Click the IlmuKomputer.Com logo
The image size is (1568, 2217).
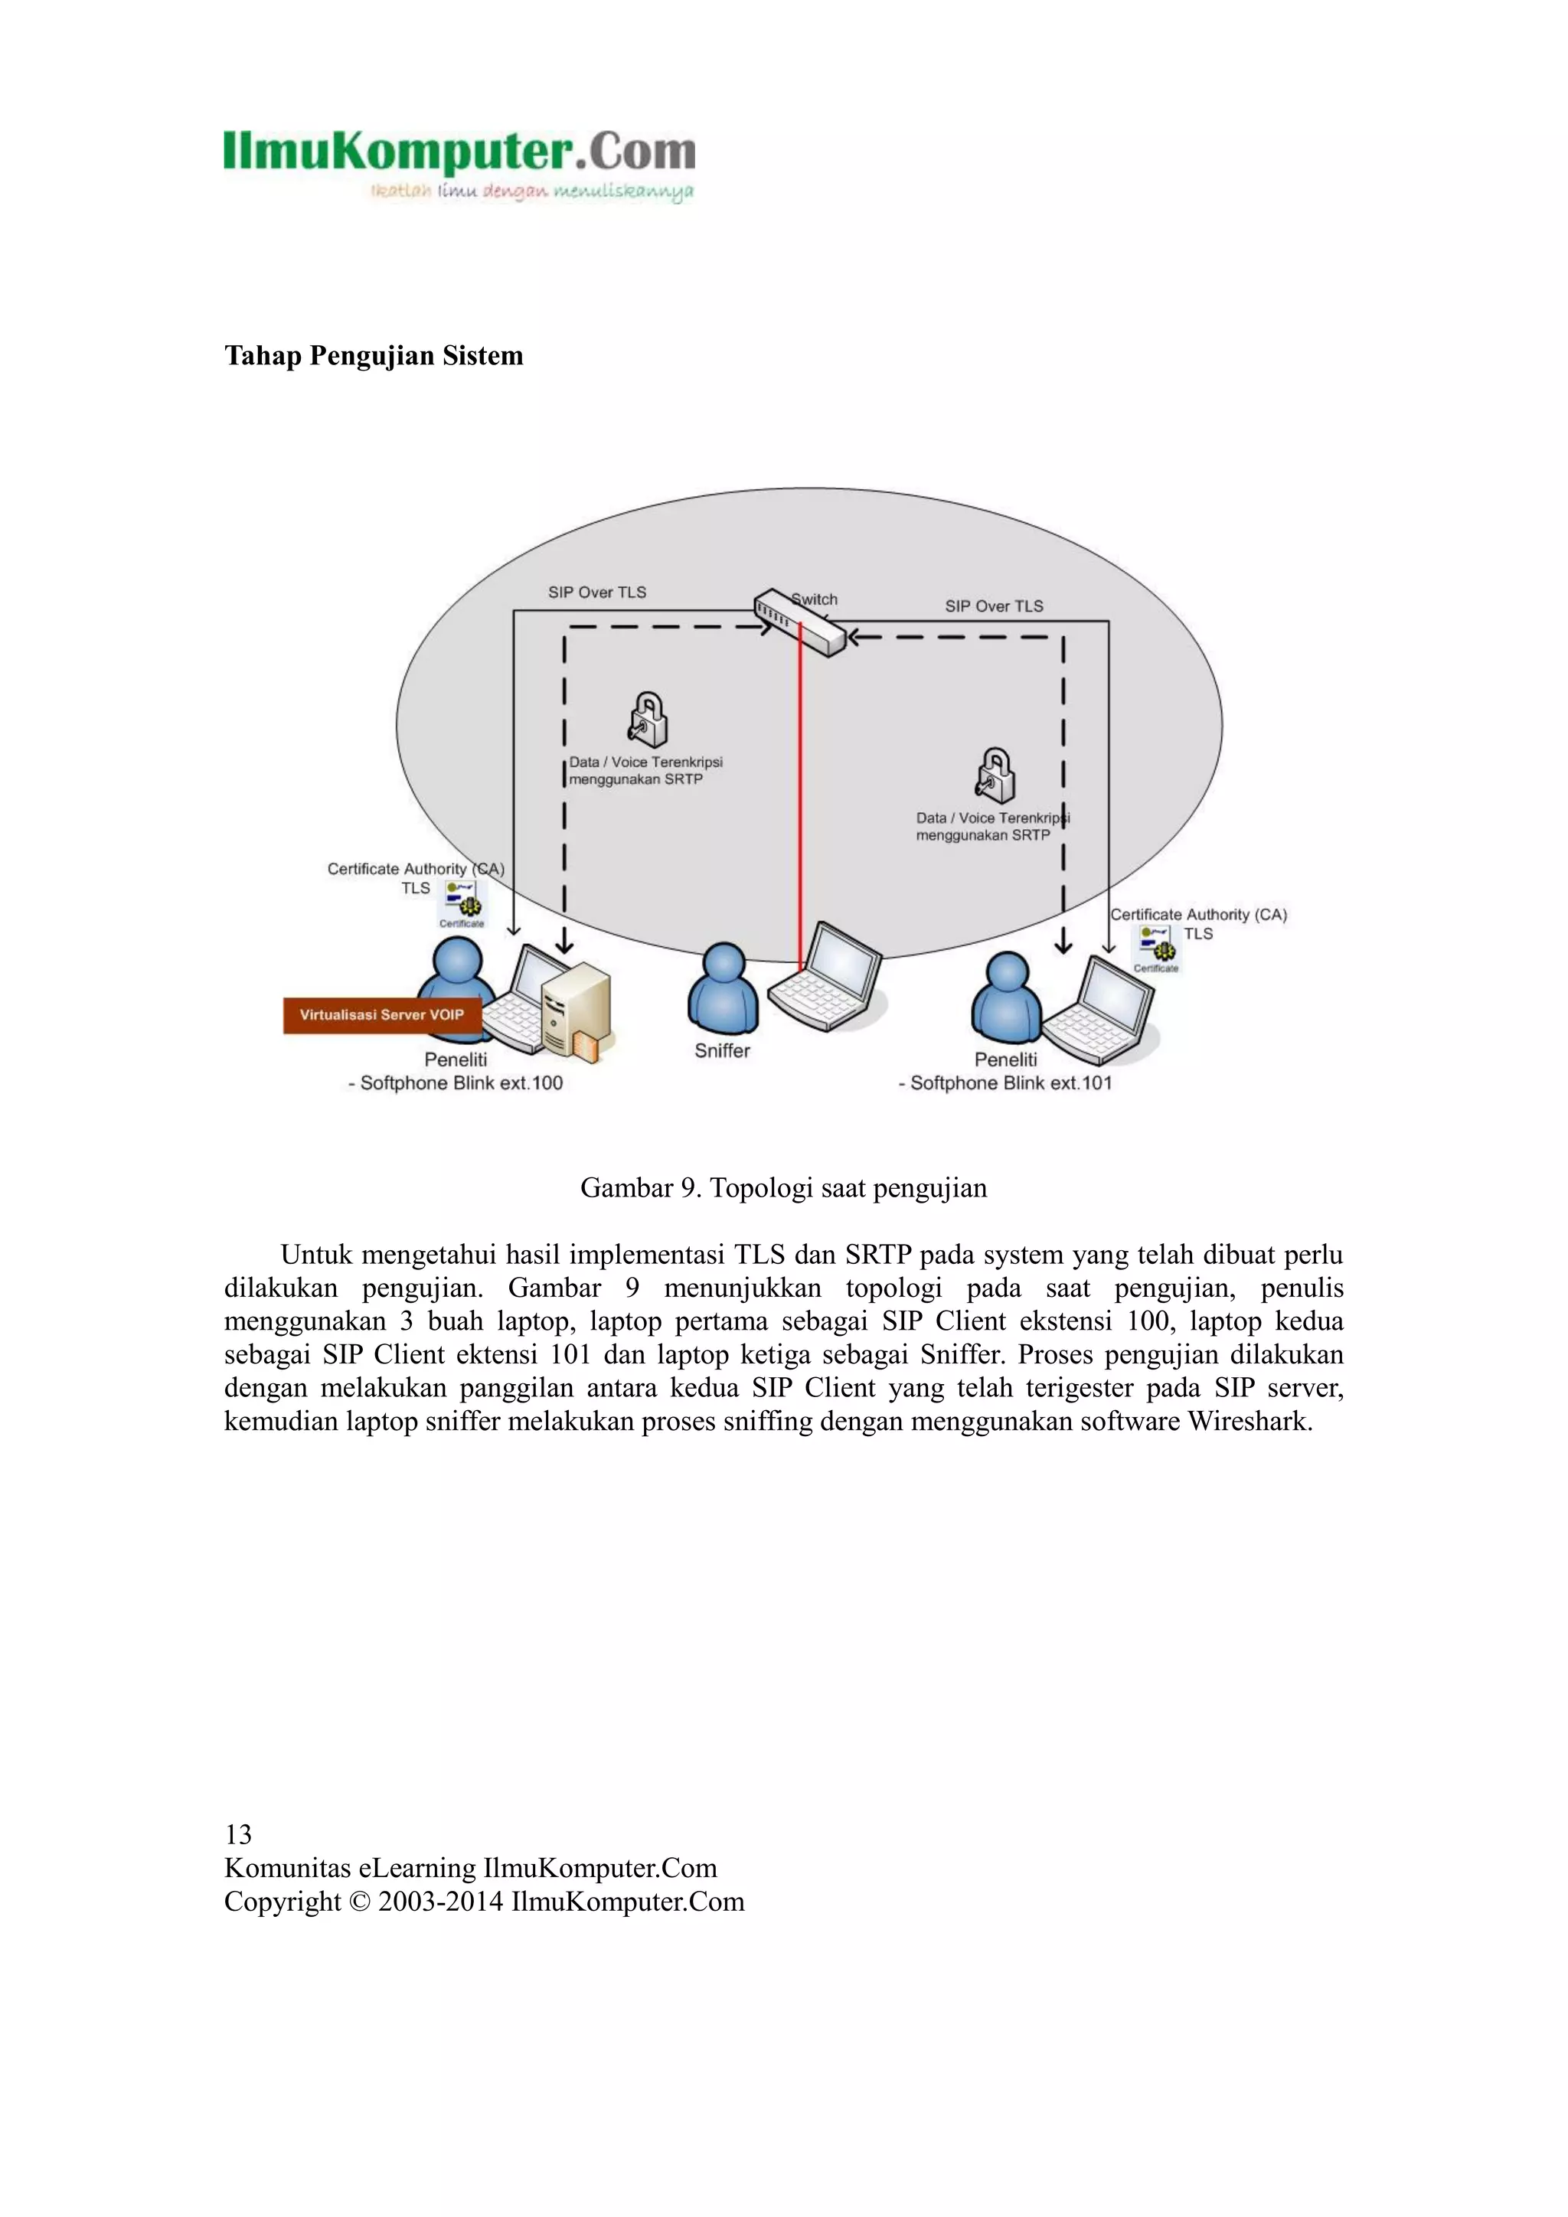(x=459, y=164)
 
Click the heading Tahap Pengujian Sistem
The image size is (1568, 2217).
(x=374, y=355)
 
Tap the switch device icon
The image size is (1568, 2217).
(x=799, y=623)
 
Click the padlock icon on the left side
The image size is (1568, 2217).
(x=648, y=720)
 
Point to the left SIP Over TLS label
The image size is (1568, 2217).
(x=596, y=592)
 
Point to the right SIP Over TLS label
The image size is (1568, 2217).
(x=994, y=606)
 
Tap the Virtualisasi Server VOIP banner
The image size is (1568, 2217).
(x=381, y=1015)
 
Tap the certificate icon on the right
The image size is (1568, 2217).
(x=1156, y=947)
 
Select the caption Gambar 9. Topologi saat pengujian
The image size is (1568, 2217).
(x=783, y=1187)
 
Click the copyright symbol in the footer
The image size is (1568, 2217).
(x=359, y=1902)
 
